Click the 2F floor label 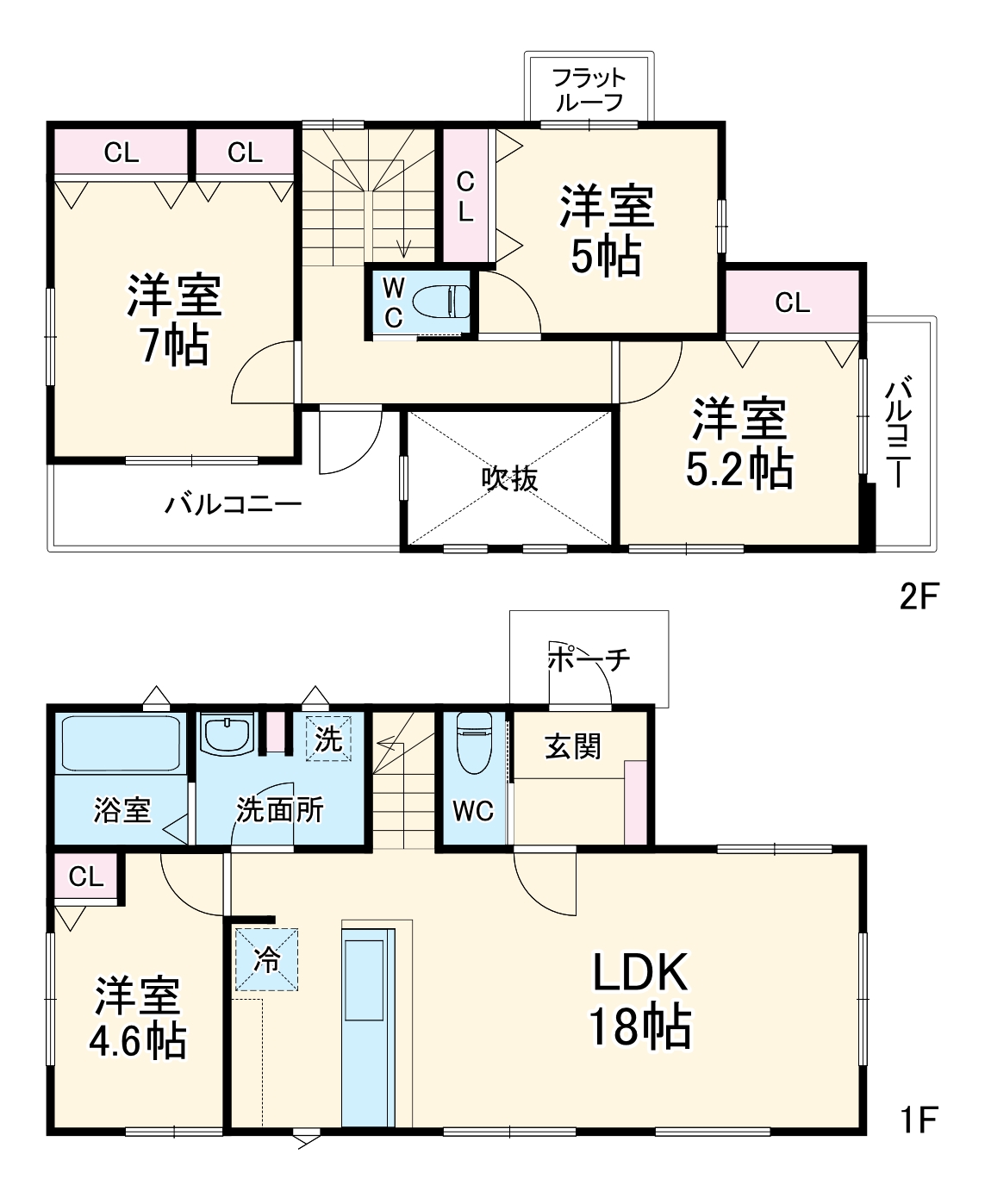918,596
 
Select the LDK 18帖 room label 640,1000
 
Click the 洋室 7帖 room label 175,320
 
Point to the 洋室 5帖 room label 607,230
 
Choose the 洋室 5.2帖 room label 739,444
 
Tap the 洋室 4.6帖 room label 138,1017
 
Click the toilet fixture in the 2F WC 442,302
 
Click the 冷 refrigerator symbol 267,958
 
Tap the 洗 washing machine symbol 328,739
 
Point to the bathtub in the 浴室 121,743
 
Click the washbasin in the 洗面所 226,735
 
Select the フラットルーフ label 589,90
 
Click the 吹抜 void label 509,477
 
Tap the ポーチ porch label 589,660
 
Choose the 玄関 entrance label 572,745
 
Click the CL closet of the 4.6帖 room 86,876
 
